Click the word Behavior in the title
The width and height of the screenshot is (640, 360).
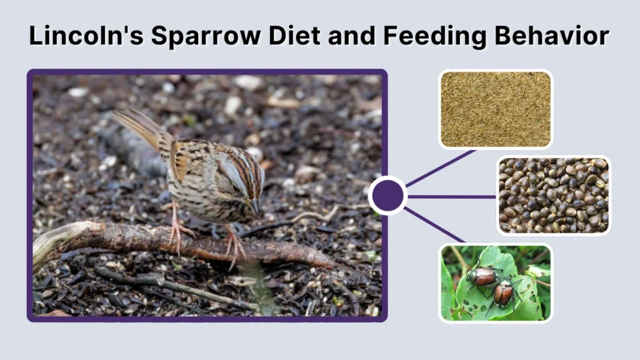click(x=557, y=36)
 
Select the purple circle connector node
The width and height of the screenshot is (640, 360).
click(x=388, y=196)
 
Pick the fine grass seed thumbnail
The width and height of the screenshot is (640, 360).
click(x=496, y=109)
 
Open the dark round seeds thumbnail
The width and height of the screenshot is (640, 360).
click(x=553, y=195)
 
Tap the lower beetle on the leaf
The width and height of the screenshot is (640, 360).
click(x=502, y=292)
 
